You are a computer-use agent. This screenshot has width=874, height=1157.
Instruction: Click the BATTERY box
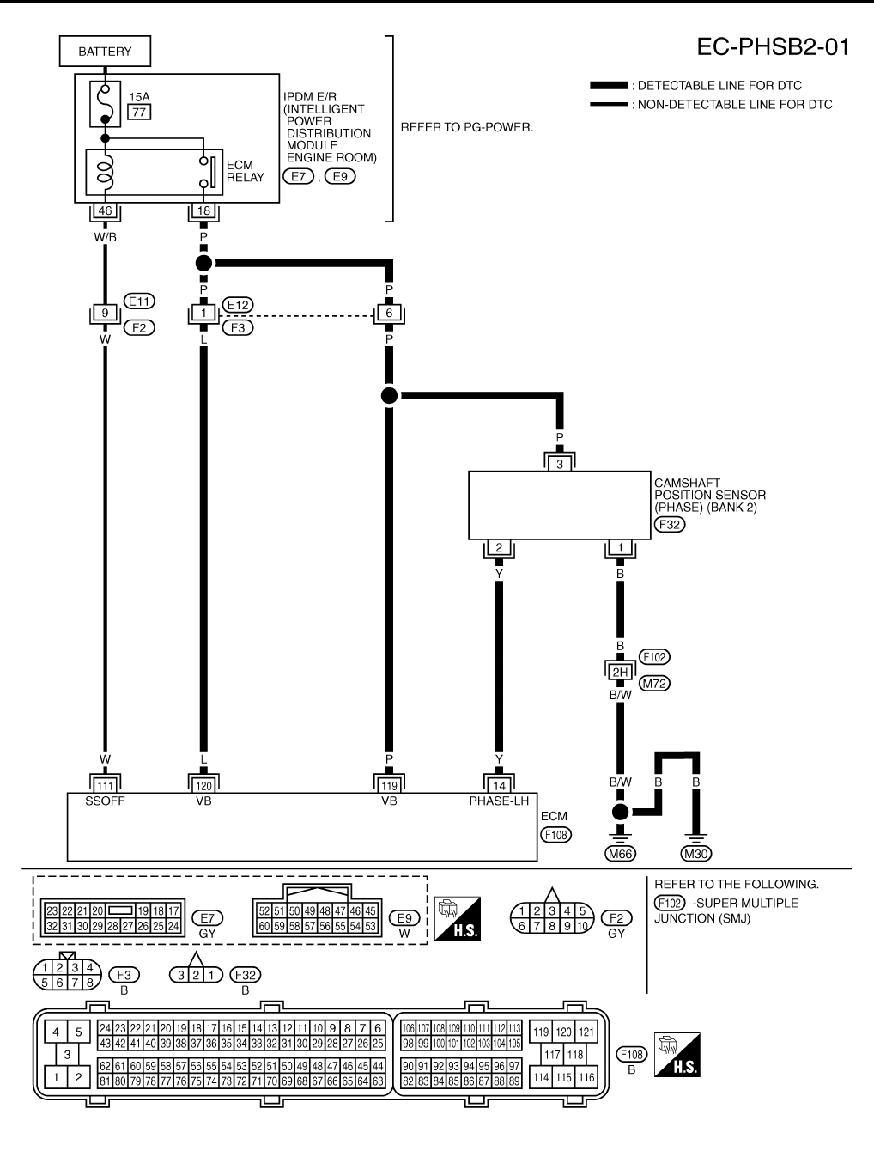click(x=105, y=52)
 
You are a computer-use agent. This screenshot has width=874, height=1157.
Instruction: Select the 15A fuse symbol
click(x=106, y=104)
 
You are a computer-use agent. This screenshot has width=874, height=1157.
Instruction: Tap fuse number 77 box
click(x=139, y=112)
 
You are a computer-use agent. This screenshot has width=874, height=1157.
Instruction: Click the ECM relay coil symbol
click(x=106, y=172)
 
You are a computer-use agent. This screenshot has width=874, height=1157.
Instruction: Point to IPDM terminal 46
click(x=105, y=210)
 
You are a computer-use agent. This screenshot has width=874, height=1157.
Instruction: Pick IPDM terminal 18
click(x=203, y=210)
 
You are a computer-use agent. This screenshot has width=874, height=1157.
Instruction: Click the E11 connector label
click(x=139, y=301)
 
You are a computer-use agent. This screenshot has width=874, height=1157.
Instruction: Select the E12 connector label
click(x=238, y=305)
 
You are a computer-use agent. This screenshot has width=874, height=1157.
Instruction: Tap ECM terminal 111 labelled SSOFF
click(x=105, y=786)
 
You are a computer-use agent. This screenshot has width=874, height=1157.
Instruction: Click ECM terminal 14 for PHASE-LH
click(x=499, y=786)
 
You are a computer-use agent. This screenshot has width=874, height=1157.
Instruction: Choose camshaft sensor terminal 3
click(x=560, y=464)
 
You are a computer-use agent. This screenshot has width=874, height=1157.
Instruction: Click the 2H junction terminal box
click(x=620, y=672)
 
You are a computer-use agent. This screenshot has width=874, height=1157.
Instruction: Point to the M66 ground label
click(x=620, y=854)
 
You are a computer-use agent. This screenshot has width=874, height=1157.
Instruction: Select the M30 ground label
click(x=696, y=854)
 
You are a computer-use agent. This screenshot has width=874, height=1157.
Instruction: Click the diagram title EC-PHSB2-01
click(x=774, y=47)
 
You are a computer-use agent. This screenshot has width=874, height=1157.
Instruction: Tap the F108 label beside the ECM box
click(x=555, y=834)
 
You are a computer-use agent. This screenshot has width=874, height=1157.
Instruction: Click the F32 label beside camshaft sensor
click(x=670, y=525)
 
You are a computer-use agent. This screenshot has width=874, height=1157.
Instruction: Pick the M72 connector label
click(x=654, y=684)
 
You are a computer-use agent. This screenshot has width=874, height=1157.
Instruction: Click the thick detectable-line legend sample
click(x=609, y=85)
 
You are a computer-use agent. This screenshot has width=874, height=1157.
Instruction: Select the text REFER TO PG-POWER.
click(x=467, y=128)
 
